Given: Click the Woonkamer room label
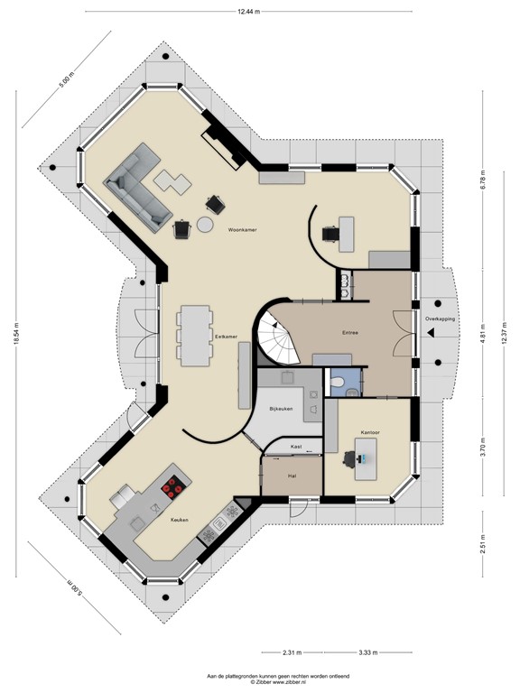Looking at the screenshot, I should coord(243,231).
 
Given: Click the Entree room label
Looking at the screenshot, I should coord(350,332).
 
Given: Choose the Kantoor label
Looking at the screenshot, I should coord(370,432).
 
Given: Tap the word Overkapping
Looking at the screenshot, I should coord(441,319).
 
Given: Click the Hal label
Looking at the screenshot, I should coord(292,475).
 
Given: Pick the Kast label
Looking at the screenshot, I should coord(295,447).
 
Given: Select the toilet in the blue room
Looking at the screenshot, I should coord(337,385).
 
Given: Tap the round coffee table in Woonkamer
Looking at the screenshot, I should coord(207,224).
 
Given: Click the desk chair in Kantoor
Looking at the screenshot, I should coord(348,457).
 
